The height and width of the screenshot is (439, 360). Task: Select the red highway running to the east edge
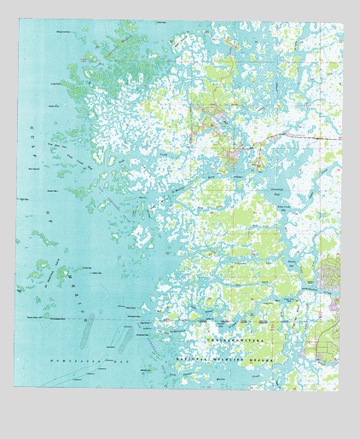[307, 136]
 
